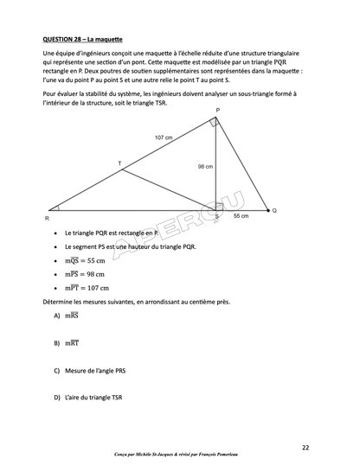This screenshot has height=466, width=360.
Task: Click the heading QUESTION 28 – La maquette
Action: pyautogui.click(x=82, y=40)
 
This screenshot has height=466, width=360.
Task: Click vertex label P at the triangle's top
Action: pyautogui.click(x=217, y=111)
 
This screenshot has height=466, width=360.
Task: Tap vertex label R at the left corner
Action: pyautogui.click(x=47, y=219)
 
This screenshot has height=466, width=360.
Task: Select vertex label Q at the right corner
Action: pyautogui.click(x=274, y=210)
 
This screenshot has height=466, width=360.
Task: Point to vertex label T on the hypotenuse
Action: pyautogui.click(x=119, y=163)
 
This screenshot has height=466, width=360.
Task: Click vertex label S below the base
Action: pyautogui.click(x=216, y=217)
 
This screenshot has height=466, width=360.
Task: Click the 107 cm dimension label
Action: pyautogui.click(x=164, y=137)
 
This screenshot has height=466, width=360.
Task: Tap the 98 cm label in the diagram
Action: pyautogui.click(x=206, y=166)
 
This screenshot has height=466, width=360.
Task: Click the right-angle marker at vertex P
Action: pyautogui.click(x=215, y=123)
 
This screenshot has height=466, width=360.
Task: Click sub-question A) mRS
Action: pyautogui.click(x=66, y=316)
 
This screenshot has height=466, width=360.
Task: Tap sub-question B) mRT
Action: pyautogui.click(x=66, y=343)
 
